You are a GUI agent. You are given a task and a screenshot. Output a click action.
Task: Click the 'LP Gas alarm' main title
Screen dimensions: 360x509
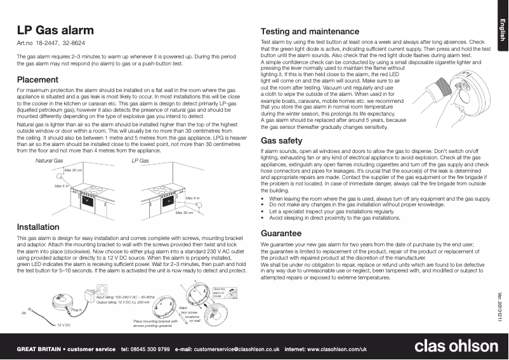pos(55,30)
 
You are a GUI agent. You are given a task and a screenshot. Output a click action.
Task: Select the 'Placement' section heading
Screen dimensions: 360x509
pos(37,80)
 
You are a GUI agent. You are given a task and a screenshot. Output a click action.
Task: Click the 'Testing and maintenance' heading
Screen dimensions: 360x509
pos(310,31)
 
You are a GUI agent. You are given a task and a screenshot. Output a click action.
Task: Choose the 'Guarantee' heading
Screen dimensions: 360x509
pos(281,234)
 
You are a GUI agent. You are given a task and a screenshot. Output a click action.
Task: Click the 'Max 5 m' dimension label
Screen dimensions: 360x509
pos(62,186)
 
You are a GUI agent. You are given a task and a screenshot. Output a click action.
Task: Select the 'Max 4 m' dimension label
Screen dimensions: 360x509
pos(192,199)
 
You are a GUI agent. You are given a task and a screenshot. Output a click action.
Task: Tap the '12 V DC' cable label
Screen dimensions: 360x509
pos(63,324)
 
